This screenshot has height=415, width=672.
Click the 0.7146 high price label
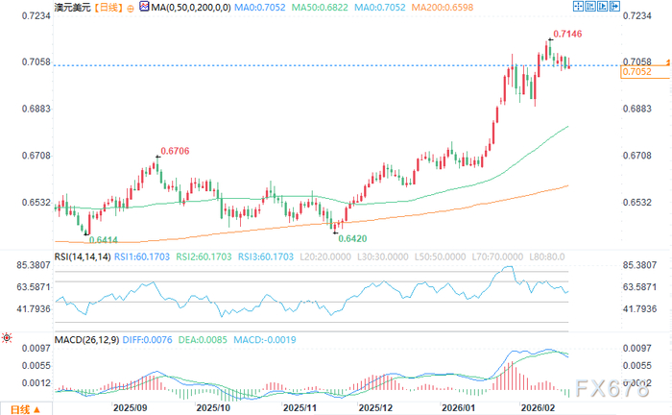pyautogui.click(x=567, y=34)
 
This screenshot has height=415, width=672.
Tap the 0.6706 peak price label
pyautogui.click(x=175, y=151)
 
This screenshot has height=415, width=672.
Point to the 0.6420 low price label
pyautogui.click(x=352, y=239)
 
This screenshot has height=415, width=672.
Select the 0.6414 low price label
pyautogui.click(x=104, y=240)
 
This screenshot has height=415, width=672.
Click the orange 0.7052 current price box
pyautogui.click(x=644, y=72)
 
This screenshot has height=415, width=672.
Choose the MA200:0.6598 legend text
pyautogui.click(x=443, y=8)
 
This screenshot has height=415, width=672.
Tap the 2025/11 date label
pyautogui.click(x=300, y=407)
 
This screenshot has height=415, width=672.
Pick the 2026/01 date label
pyautogui.click(x=458, y=407)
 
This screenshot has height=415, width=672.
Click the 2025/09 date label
pyautogui.click(x=130, y=407)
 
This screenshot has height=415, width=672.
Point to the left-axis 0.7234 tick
pyautogui.click(x=36, y=16)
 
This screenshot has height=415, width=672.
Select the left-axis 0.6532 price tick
pyautogui.click(x=36, y=203)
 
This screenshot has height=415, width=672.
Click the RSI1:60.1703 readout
pyautogui.click(x=142, y=256)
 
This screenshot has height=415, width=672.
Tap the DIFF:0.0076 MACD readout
pyautogui.click(x=148, y=340)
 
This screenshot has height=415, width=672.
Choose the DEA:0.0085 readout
pyautogui.click(x=203, y=340)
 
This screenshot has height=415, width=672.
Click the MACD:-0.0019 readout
pyautogui.click(x=264, y=340)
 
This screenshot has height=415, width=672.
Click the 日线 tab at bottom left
pyautogui.click(x=25, y=409)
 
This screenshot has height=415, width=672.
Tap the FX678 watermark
pyautogui.click(x=612, y=389)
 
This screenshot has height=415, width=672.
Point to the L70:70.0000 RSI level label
pyautogui.click(x=497, y=256)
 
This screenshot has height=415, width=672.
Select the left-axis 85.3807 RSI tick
pyautogui.click(x=34, y=265)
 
